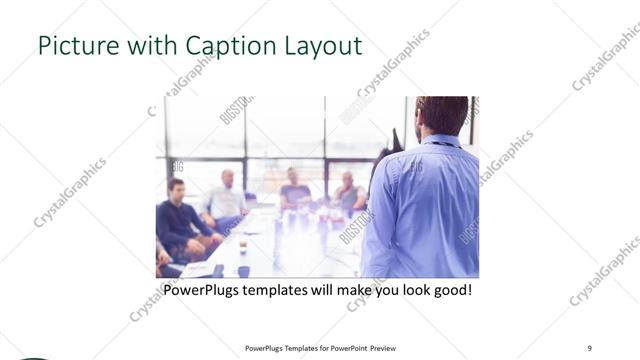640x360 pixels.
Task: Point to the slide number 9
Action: tap(589, 347)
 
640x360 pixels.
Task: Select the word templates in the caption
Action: tap(296, 290)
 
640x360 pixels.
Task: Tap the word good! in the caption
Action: tap(449, 290)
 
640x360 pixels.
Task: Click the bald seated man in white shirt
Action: tap(228, 196)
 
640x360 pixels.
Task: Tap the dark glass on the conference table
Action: tap(242, 246)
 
